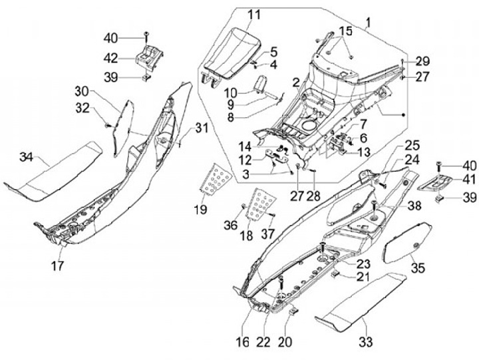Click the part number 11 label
click(x=236, y=15)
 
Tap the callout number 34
click(x=26, y=157)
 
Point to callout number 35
click(x=418, y=268)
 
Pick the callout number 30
click(x=100, y=90)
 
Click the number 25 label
click(x=412, y=144)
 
